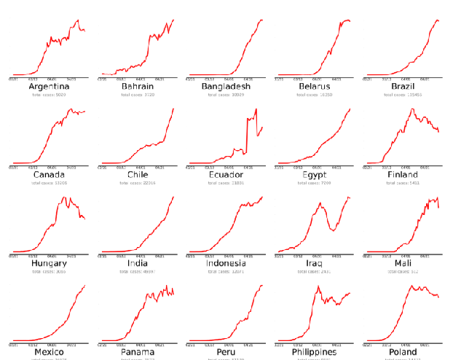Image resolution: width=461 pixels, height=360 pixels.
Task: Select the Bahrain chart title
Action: click(x=137, y=87)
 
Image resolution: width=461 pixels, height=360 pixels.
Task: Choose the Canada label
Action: click(x=49, y=175)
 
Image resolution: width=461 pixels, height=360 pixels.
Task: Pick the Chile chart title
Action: click(x=137, y=175)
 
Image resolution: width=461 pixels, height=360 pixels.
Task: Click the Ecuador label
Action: click(x=226, y=175)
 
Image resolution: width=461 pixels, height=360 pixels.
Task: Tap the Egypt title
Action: click(x=314, y=175)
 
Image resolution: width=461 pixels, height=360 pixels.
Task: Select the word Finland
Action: click(x=403, y=175)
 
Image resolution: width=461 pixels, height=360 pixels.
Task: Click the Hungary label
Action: click(x=49, y=263)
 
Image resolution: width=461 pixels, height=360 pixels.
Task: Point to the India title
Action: click(x=137, y=263)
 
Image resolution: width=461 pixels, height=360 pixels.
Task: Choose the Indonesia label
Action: click(x=226, y=263)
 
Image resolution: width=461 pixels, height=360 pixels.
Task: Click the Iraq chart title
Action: click(x=314, y=263)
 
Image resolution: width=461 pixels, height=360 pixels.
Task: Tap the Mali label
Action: click(x=403, y=263)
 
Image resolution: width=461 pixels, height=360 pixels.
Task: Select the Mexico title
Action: click(x=49, y=352)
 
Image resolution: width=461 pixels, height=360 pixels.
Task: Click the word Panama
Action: click(x=137, y=352)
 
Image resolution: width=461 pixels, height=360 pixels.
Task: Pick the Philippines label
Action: click(x=314, y=352)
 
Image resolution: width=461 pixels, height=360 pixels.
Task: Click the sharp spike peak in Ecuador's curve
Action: click(x=256, y=109)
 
